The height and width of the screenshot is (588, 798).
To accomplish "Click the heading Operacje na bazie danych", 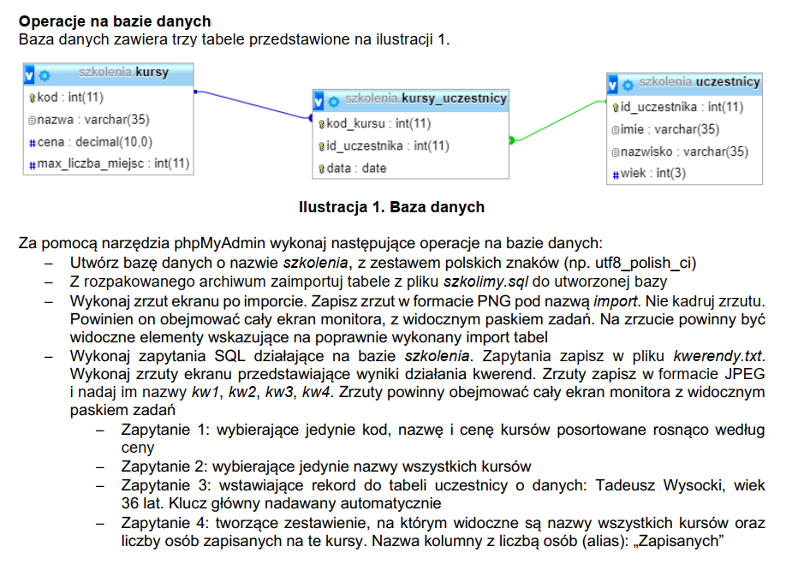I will coord(115,21).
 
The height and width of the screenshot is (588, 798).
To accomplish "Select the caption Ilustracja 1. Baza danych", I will coord(391,206).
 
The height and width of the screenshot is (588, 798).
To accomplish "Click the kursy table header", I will coord(123,73).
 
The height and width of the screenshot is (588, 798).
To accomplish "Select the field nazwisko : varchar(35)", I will coord(684,151).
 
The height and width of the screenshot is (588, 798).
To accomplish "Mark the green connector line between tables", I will coord(557,121).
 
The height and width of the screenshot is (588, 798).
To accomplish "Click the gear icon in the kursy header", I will coord(45,74).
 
